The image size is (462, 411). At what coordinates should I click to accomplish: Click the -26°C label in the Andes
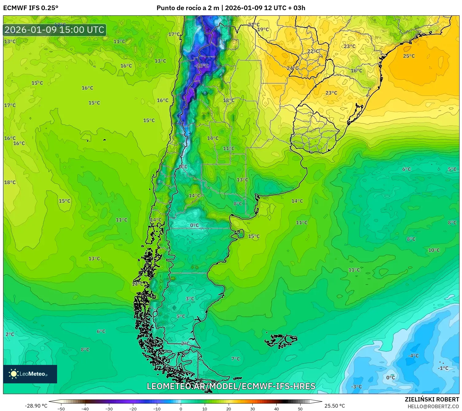202,66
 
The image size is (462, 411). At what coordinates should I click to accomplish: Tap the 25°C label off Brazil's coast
409,56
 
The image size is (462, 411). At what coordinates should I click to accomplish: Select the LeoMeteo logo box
30,374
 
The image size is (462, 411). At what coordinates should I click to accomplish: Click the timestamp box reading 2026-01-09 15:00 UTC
55,30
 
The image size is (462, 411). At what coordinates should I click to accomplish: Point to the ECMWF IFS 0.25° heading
31,8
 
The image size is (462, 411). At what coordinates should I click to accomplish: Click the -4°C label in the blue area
413,356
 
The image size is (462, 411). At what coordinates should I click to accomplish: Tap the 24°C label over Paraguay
292,68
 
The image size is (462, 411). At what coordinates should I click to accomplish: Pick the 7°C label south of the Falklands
235,359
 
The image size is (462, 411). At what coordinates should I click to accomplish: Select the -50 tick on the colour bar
61,409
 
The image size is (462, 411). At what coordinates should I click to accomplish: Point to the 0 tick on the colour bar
181,409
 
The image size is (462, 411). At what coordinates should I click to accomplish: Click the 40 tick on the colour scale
276,409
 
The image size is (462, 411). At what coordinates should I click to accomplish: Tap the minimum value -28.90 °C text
36,406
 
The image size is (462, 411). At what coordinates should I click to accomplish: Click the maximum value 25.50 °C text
335,406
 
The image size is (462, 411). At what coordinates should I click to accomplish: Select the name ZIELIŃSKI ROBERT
432,399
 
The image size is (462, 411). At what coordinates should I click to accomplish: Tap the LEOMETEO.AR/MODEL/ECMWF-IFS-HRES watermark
231,386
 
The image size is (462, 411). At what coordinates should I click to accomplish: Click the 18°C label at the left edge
10,182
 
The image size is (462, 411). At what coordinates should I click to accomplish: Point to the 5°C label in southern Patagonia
181,316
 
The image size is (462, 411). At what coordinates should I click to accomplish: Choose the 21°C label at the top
254,25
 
